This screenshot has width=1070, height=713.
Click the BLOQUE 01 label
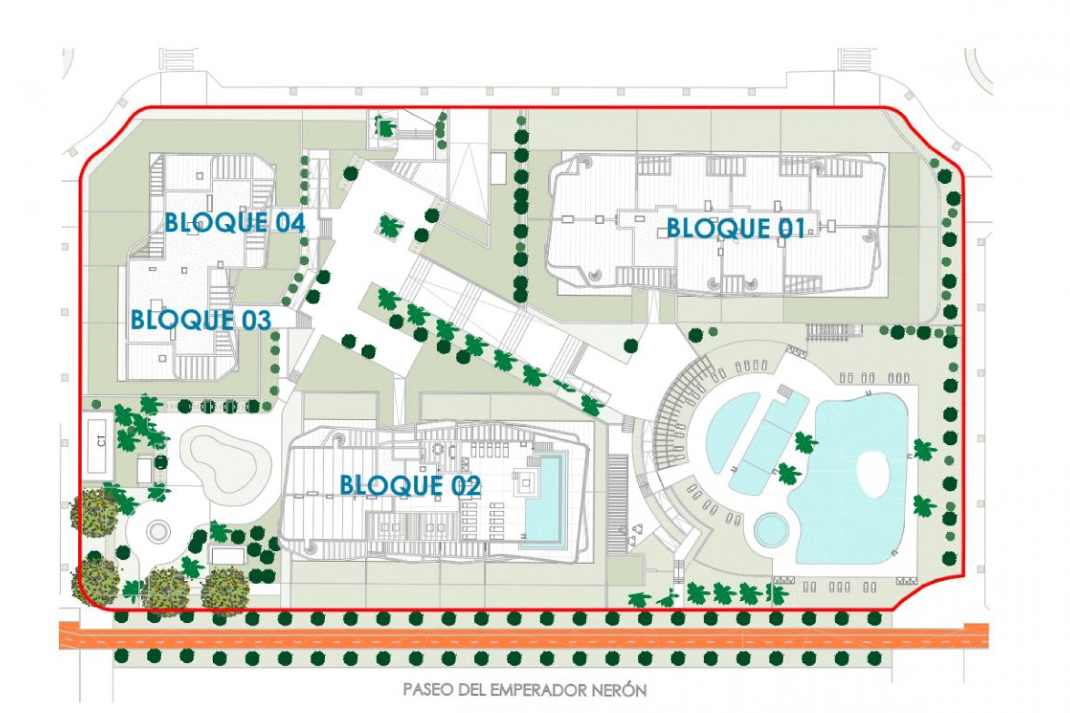coord(736,228)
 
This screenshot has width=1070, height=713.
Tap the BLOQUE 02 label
coord(410,486)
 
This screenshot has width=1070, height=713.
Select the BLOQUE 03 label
coord(201,320)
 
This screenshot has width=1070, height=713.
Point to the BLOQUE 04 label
coord(235,223)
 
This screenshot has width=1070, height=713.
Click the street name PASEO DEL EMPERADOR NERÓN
coord(524,690)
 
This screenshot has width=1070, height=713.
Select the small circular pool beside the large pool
coord(772,530)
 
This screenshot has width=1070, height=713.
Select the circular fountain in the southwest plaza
coord(158,530)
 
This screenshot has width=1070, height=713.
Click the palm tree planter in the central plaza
coord(391,226)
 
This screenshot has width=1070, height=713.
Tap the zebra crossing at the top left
coord(178,59)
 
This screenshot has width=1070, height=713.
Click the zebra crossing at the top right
coord(855,59)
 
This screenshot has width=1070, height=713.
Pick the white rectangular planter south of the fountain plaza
coord(227,555)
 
